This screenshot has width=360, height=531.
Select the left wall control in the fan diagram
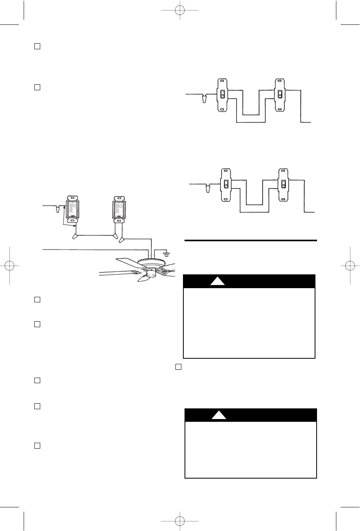point(72,209)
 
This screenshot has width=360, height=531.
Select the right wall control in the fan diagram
point(118,209)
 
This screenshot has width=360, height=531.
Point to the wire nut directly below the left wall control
point(74,237)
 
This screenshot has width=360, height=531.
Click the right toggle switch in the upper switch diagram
point(280,95)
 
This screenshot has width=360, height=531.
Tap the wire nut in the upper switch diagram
point(204,99)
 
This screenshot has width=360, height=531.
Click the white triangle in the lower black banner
point(218,415)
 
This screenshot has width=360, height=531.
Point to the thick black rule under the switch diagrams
point(251,240)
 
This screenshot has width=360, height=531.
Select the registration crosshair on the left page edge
point(9,265)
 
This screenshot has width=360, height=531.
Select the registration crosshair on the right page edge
point(351,265)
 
